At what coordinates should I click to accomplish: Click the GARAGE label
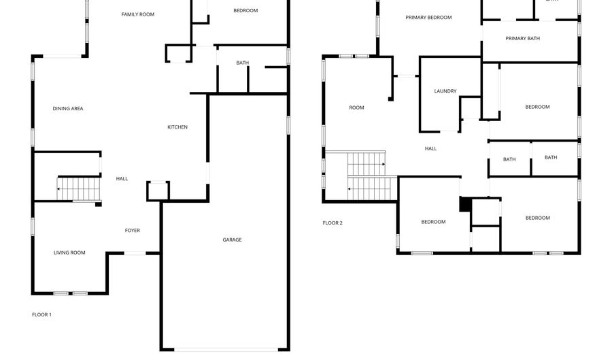[x=232, y=240]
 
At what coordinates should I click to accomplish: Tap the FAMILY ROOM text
[x=138, y=14]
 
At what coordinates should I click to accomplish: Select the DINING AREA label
[x=68, y=108]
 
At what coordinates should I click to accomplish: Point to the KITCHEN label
[x=177, y=127]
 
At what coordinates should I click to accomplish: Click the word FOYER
[x=133, y=231]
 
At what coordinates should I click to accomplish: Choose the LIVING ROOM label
[x=69, y=252]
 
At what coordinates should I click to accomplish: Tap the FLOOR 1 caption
[x=41, y=314]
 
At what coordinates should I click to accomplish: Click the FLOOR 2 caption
[x=333, y=223]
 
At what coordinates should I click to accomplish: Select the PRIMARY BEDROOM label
[x=428, y=18]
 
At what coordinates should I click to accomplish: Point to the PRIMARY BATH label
[x=523, y=38]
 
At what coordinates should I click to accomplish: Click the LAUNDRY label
[x=445, y=91]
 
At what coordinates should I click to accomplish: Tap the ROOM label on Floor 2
[x=356, y=108]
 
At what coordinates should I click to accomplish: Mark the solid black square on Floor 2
[x=465, y=205]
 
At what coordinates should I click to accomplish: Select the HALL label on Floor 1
[x=122, y=179]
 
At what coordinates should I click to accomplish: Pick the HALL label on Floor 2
[x=431, y=148]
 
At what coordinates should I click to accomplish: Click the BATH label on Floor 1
[x=243, y=63]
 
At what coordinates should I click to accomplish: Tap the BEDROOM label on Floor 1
[x=245, y=10]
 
